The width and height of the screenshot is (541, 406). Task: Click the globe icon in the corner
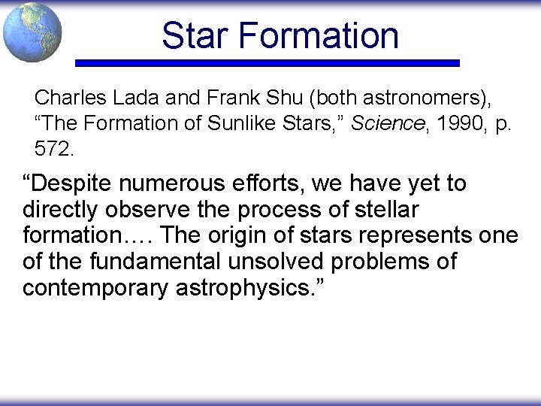(x=32, y=32)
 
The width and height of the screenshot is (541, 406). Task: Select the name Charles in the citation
(x=65, y=98)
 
